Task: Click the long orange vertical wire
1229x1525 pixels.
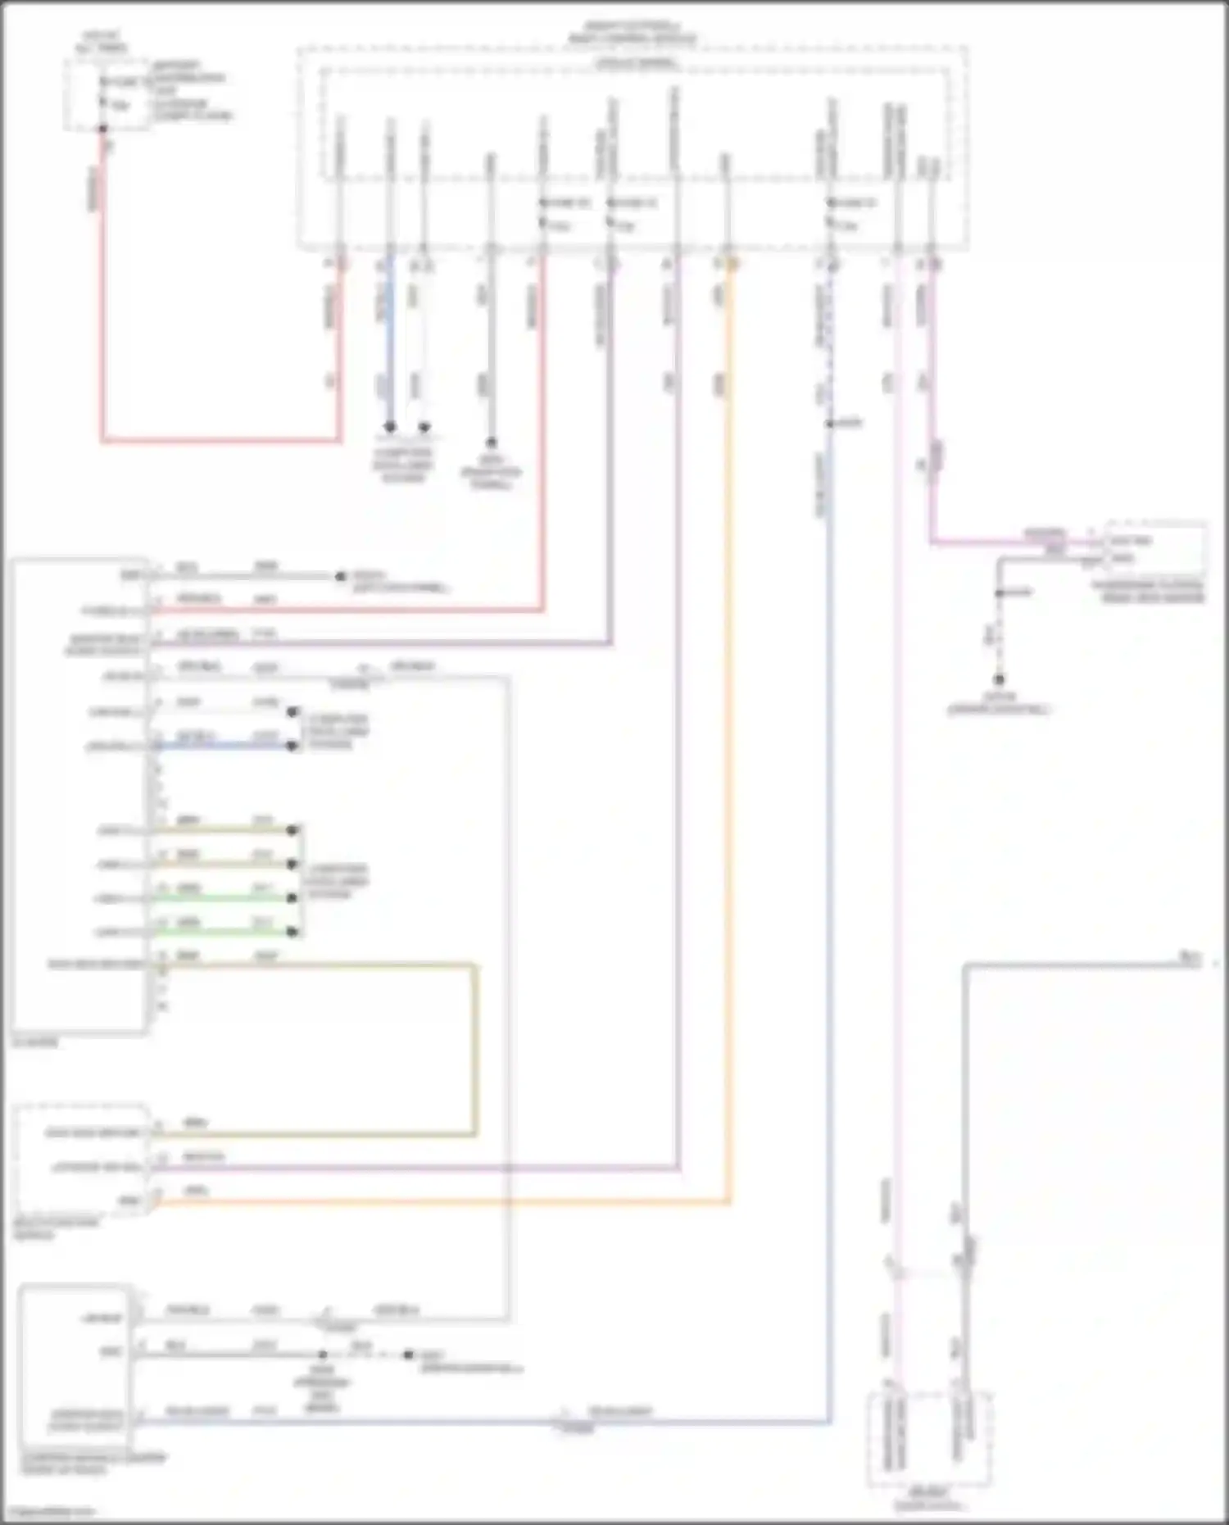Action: click(x=728, y=738)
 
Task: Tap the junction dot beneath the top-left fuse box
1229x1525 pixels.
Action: click(x=103, y=129)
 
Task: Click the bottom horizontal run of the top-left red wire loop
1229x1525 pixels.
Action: click(x=221, y=441)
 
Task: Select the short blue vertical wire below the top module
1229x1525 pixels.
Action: click(x=390, y=344)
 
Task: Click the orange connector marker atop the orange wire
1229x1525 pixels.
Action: click(x=732, y=264)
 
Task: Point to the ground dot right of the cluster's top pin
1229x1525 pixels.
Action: click(x=341, y=576)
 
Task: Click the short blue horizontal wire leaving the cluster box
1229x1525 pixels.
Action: click(x=221, y=746)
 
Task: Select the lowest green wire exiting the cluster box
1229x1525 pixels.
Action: click(x=221, y=932)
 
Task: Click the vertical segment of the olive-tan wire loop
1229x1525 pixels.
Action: click(x=474, y=1049)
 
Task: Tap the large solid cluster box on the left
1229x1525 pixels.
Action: click(x=79, y=795)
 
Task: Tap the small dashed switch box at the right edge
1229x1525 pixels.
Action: click(x=1155, y=549)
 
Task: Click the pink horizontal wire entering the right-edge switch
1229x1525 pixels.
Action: click(x=1016, y=542)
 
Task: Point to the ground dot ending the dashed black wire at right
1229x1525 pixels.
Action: click(x=999, y=679)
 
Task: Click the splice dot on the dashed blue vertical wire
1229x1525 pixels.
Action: click(x=829, y=424)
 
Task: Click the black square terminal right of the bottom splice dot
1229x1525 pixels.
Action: click(x=408, y=1355)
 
